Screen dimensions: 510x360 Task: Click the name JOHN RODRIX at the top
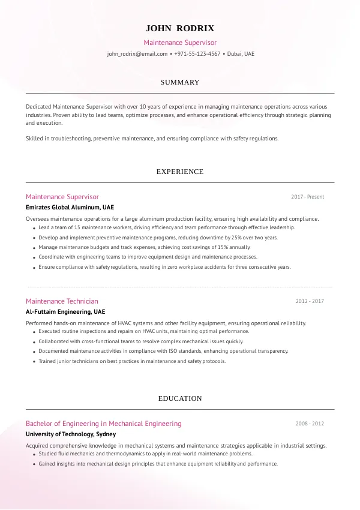(x=180, y=28)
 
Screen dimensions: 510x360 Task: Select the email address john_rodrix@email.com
(x=137, y=54)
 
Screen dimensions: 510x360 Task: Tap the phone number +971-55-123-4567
(x=197, y=54)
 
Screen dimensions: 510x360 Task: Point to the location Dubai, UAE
(x=241, y=54)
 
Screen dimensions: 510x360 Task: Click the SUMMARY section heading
(x=180, y=82)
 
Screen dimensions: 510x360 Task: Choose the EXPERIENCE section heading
(x=180, y=172)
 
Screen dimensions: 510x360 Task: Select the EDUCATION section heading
(x=180, y=398)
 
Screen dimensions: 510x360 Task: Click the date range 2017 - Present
(x=307, y=197)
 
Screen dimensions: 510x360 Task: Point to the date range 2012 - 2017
(x=309, y=301)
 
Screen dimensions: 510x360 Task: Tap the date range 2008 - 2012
(x=309, y=424)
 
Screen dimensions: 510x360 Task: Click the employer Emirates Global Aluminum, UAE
(x=70, y=208)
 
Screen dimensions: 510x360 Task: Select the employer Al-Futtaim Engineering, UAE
(x=65, y=312)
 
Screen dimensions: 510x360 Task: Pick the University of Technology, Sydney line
(x=71, y=434)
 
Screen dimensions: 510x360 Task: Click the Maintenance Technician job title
(x=62, y=301)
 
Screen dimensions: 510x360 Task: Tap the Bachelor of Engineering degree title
(x=103, y=424)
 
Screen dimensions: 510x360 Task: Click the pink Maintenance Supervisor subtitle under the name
(x=180, y=43)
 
